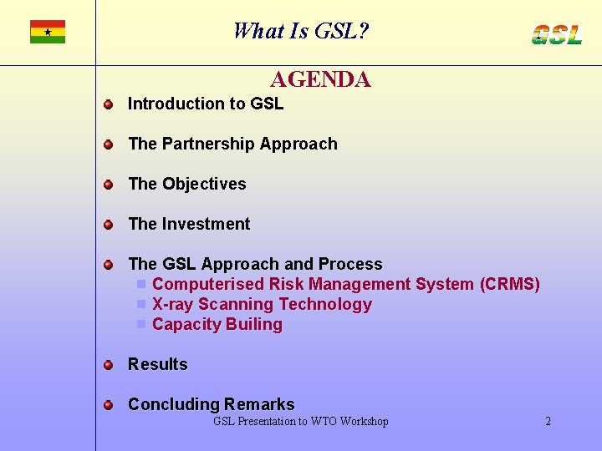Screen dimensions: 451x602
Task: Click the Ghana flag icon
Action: coord(48,32)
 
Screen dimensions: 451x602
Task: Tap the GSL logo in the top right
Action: coord(557,34)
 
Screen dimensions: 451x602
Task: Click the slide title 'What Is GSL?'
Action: coord(301,32)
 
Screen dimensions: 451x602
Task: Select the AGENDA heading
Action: coord(320,80)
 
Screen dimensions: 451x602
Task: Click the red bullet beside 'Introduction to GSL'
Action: coord(108,104)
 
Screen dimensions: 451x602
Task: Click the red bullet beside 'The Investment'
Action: coord(108,225)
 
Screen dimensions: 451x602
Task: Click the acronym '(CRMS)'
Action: coord(509,284)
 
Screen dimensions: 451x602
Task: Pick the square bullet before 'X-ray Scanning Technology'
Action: coord(142,304)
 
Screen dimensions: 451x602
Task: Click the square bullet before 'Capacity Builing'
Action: coord(142,324)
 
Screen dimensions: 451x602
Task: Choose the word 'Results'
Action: coord(158,364)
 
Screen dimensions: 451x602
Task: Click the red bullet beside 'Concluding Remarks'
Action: coord(108,405)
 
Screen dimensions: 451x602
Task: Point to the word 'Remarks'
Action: coord(259,404)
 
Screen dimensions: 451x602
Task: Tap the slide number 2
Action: coord(548,422)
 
